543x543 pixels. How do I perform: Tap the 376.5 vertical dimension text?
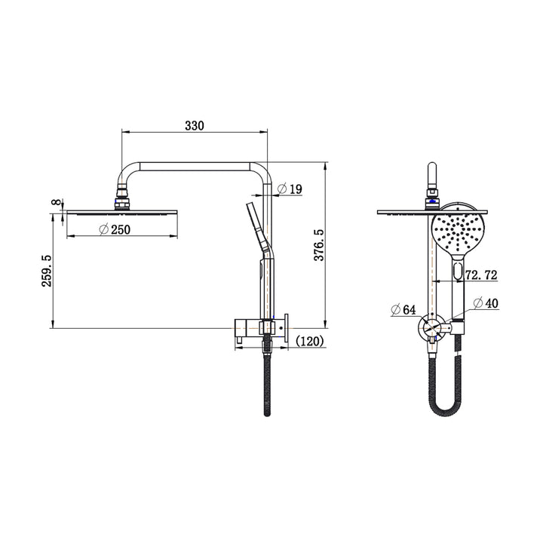point(319,245)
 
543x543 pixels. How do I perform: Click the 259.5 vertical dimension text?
point(48,269)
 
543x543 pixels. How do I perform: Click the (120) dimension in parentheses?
point(310,342)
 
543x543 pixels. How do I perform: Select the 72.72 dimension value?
point(481,276)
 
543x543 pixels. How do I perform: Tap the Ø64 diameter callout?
point(404,309)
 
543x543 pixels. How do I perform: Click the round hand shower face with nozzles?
point(456,233)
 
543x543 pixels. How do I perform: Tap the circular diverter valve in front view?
point(431,329)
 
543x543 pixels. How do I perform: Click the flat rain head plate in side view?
point(121,213)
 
